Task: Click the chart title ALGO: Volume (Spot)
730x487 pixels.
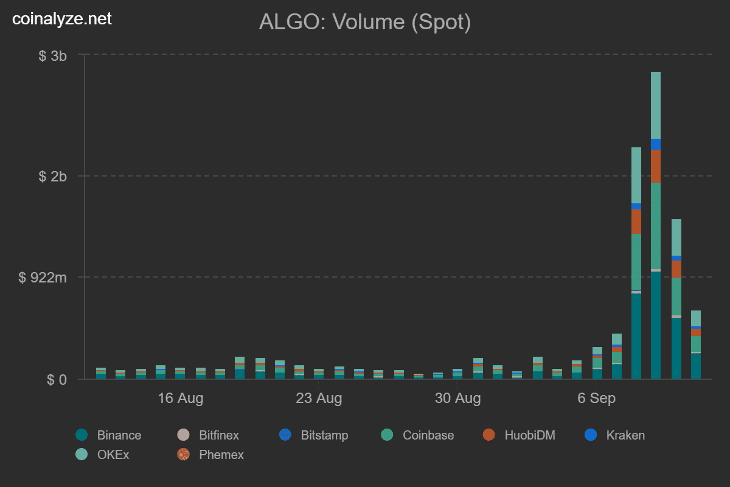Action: [x=365, y=22]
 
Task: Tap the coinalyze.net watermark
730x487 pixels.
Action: [x=63, y=19]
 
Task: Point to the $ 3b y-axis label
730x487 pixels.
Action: [x=52, y=56]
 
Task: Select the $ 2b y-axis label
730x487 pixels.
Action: [x=52, y=177]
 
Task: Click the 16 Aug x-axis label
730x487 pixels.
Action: [x=180, y=399]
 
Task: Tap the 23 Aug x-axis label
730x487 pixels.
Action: [x=319, y=399]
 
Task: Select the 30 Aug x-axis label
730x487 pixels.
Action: [x=457, y=399]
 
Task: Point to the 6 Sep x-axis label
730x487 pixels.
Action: [x=596, y=399]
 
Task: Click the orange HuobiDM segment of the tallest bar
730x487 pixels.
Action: [x=656, y=166]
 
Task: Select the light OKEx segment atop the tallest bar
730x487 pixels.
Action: [x=656, y=105]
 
